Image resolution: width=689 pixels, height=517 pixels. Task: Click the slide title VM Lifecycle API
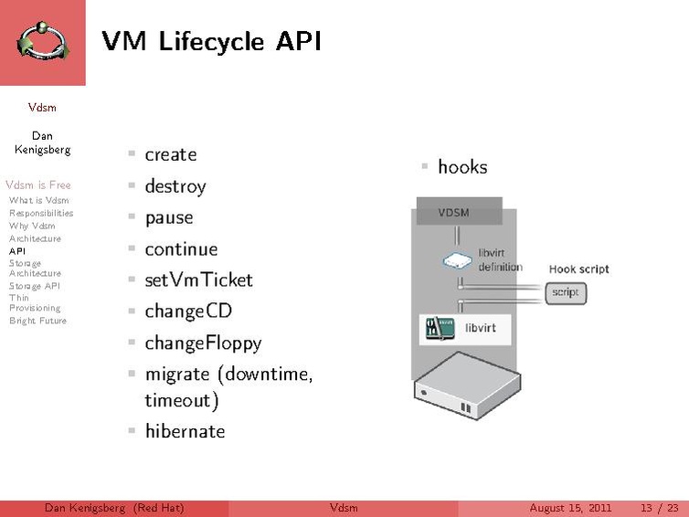coord(211,41)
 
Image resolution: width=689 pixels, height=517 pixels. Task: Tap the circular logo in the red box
coord(42,42)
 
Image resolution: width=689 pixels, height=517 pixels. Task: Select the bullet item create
coord(170,155)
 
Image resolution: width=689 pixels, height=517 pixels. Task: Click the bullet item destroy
coord(175,186)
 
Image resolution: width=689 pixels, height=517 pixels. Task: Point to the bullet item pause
coord(168,218)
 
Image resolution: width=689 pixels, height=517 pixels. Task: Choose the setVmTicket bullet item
coord(198,280)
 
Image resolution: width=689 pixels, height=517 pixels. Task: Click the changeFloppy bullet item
coord(203,343)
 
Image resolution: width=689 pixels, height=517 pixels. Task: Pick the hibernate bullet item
coord(185,431)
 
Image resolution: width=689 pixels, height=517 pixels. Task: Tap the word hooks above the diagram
coord(462,167)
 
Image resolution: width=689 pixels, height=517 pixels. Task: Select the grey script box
coord(566,293)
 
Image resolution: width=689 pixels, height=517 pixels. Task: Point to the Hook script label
coord(578,269)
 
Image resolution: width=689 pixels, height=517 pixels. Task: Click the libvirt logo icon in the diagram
coord(440,328)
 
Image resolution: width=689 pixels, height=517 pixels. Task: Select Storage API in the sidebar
coord(34,285)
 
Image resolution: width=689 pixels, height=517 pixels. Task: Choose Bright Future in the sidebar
coord(37,321)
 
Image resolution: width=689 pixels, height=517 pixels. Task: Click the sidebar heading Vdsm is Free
coord(37,185)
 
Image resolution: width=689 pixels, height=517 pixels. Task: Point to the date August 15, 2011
coord(570,508)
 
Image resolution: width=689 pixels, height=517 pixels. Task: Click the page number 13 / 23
coord(659,508)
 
